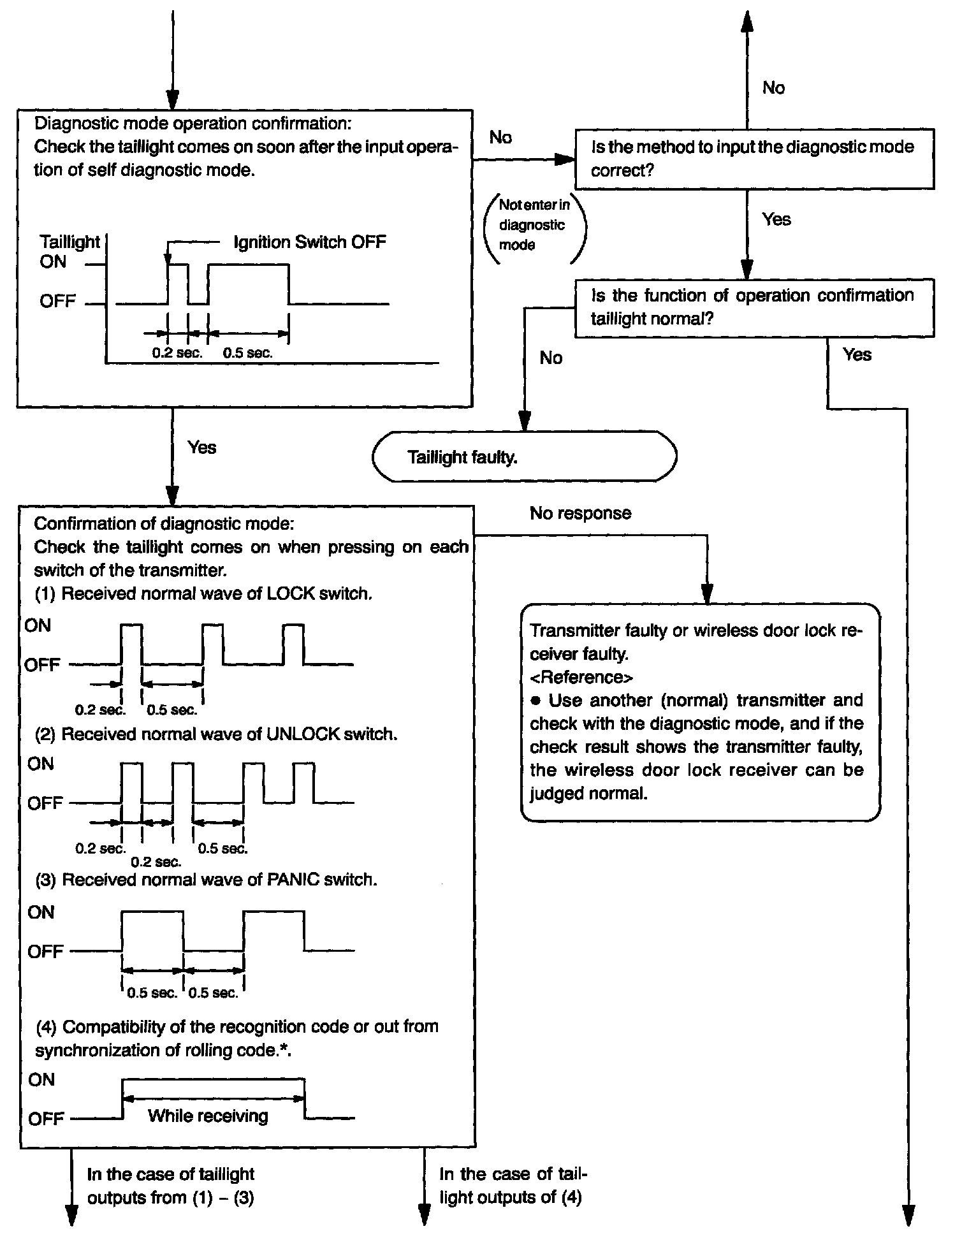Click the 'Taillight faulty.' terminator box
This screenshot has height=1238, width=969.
pyautogui.click(x=524, y=457)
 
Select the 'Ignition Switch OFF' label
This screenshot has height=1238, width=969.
pyautogui.click(x=309, y=242)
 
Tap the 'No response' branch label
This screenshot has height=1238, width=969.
pyautogui.click(x=580, y=513)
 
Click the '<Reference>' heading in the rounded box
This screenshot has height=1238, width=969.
pyautogui.click(x=581, y=677)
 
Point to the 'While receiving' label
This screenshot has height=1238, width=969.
pyautogui.click(x=208, y=1116)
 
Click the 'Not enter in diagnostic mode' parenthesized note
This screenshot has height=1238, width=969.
pyautogui.click(x=534, y=224)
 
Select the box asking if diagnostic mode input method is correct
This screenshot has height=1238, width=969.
pyautogui.click(x=754, y=159)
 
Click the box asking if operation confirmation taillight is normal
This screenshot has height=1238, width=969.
pyautogui.click(x=754, y=307)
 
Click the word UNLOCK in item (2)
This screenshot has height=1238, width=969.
pyautogui.click(x=303, y=734)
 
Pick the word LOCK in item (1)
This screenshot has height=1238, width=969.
pyautogui.click(x=291, y=594)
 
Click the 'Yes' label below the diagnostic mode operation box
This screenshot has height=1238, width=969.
pyautogui.click(x=201, y=448)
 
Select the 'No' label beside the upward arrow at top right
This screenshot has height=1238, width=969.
pyautogui.click(x=773, y=88)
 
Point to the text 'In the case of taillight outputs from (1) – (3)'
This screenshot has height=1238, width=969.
pyautogui.click(x=170, y=1186)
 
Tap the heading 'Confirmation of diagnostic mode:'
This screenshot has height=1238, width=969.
pyautogui.click(x=164, y=524)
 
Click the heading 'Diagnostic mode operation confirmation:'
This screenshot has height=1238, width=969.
pyautogui.click(x=193, y=123)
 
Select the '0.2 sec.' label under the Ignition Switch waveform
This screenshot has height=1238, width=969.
pyautogui.click(x=177, y=353)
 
